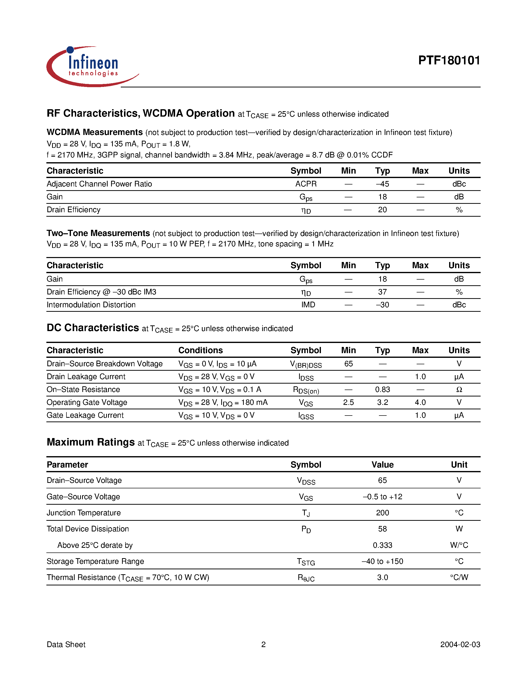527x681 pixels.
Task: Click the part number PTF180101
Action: coord(449,60)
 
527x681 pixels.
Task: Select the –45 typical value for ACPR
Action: coord(382,184)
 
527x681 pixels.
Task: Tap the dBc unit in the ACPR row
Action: coord(459,184)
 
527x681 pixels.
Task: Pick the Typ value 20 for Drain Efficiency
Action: coord(382,210)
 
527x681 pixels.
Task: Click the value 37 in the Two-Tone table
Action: coord(382,292)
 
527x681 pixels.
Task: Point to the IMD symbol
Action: coord(308,305)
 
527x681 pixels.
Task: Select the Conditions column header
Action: coord(200,350)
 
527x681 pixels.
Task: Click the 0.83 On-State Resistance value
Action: coord(382,390)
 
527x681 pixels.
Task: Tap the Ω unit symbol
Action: coord(459,390)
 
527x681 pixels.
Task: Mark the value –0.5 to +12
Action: coord(382,497)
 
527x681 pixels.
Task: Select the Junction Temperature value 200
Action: coord(382,513)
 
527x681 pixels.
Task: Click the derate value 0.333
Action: coord(382,545)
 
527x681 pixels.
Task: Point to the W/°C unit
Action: coord(459,545)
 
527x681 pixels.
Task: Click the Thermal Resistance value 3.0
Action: coord(382,577)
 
